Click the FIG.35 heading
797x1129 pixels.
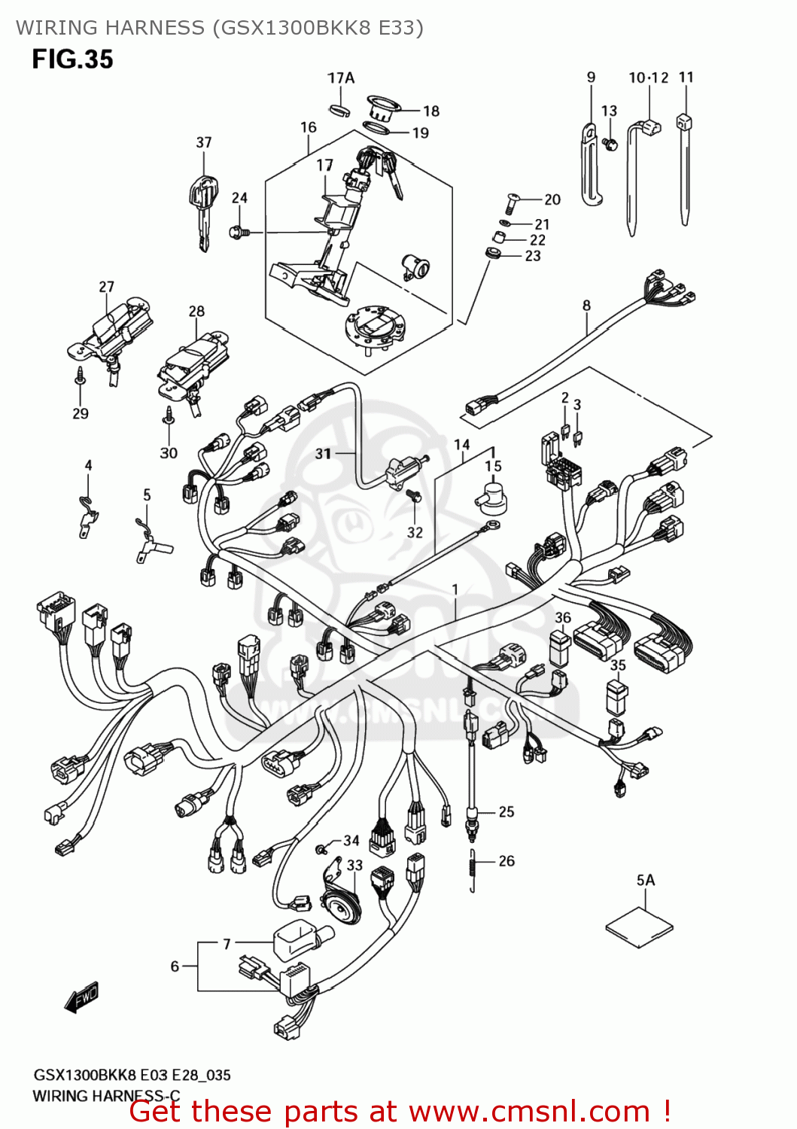tap(72, 59)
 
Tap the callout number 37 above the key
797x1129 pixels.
tap(204, 142)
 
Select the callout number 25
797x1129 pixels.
tap(506, 811)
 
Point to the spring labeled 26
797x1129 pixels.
tap(473, 870)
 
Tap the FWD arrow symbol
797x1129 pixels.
tap(82, 998)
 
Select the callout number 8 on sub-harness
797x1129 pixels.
tap(586, 306)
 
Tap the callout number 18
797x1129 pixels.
tap(431, 111)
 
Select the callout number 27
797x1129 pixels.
tap(106, 287)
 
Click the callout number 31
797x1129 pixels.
tap(323, 453)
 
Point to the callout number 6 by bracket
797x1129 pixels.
tap(175, 966)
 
